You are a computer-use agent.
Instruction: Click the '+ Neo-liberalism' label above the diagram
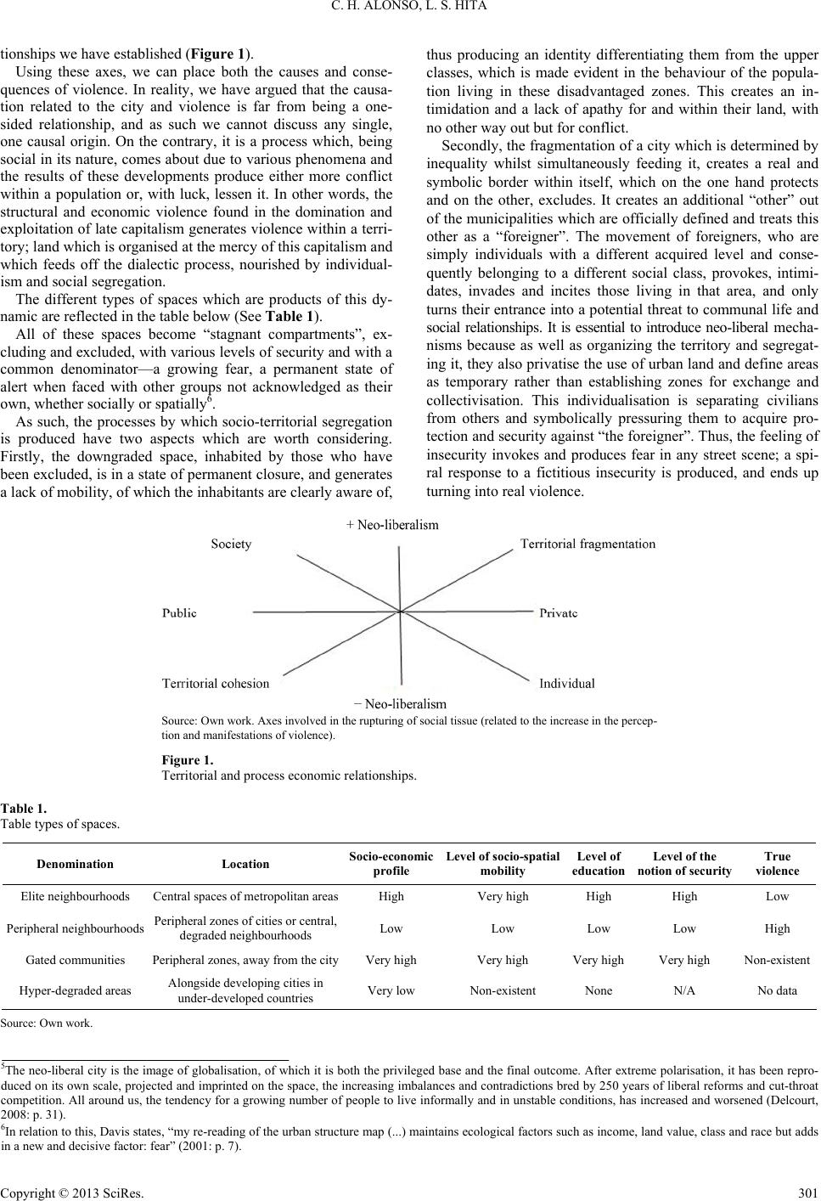pos(392,525)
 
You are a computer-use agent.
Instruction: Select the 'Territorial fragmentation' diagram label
pos(588,544)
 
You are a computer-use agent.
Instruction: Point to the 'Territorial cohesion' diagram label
pos(216,682)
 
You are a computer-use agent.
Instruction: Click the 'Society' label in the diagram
pos(231,544)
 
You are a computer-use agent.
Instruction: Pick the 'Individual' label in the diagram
pos(566,682)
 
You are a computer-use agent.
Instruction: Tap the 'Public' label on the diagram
pos(179,612)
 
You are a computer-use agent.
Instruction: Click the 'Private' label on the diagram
pos(559,612)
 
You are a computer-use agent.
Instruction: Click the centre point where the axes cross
pos(400,610)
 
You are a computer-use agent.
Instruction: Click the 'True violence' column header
pos(777,863)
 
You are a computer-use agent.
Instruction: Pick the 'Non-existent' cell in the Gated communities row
pos(777,960)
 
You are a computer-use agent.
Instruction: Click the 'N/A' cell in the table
pos(684,990)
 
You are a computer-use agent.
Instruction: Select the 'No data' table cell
pos(777,990)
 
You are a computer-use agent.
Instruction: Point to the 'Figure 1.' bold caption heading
pos(187,760)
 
